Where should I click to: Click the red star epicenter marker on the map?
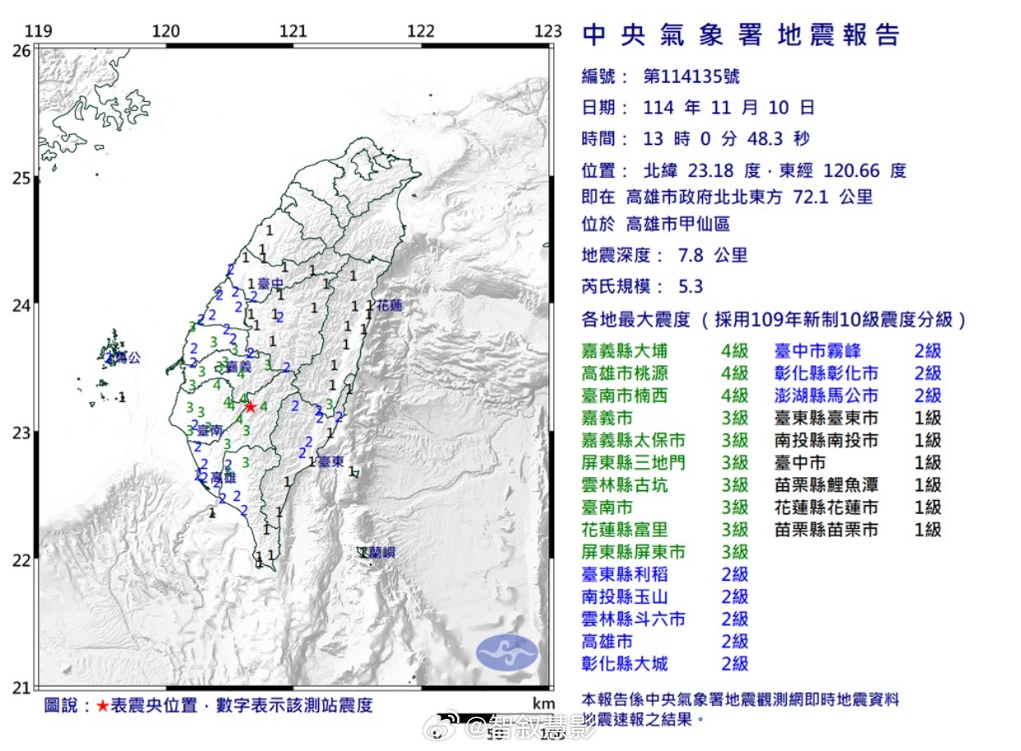(x=250, y=406)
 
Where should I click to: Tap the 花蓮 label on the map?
(x=391, y=306)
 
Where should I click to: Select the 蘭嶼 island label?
(x=381, y=553)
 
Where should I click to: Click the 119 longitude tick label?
(x=39, y=31)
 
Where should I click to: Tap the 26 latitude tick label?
(x=21, y=51)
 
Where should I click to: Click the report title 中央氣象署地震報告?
(x=741, y=35)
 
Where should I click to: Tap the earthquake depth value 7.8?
(x=689, y=255)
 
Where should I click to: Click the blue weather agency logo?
(x=507, y=651)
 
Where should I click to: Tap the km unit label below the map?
(x=543, y=704)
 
